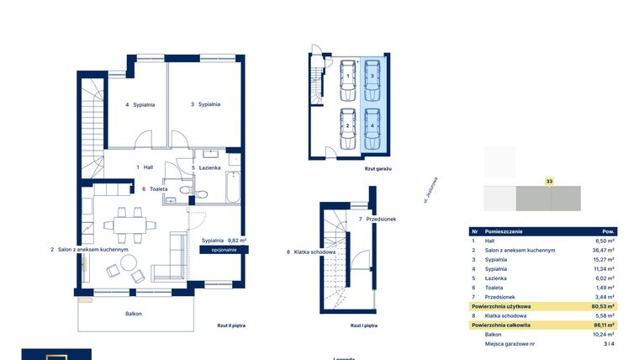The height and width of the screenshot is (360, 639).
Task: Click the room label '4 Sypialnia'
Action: [140, 105]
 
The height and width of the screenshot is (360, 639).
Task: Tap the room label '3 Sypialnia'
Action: [205, 104]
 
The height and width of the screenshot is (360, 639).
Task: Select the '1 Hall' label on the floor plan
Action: [145, 167]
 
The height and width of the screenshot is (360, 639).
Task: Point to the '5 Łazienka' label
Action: [206, 167]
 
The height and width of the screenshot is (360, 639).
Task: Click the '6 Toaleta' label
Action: [154, 189]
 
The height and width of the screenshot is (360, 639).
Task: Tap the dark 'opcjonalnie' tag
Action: [224, 250]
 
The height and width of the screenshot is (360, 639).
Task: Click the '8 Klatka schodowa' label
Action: [311, 251]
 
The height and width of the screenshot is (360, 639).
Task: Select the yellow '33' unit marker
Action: [549, 180]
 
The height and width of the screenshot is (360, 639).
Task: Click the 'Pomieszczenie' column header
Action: [510, 230]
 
